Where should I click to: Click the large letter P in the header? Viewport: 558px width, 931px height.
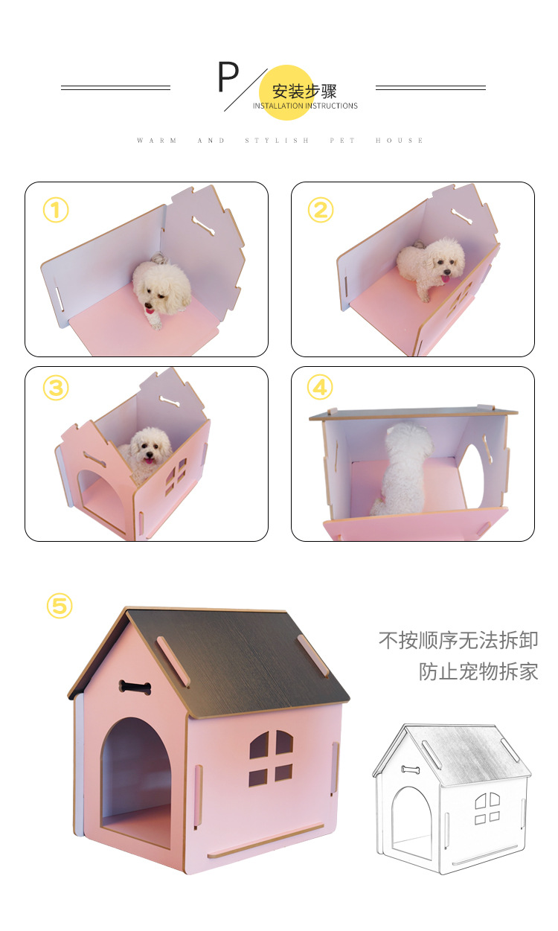[228, 77]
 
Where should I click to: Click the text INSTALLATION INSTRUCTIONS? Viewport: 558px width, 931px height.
[305, 106]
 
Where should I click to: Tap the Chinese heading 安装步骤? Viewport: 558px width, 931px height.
[304, 91]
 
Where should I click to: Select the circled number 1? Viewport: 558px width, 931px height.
[56, 211]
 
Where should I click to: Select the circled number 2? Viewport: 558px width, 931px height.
[321, 211]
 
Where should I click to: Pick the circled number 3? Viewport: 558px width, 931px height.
[56, 388]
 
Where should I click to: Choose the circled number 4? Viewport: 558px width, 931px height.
[321, 388]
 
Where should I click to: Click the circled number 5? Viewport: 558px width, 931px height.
[60, 606]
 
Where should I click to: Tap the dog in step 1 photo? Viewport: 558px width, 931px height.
[160, 290]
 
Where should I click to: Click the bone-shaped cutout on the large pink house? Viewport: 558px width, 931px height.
[135, 687]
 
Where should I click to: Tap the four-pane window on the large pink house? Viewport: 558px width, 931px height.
[271, 756]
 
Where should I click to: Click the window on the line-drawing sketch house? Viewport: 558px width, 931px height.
[487, 807]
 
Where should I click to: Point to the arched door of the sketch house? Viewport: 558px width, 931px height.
[410, 819]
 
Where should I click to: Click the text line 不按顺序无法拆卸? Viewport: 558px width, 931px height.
[458, 640]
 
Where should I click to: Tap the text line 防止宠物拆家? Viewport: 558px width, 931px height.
[478, 671]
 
